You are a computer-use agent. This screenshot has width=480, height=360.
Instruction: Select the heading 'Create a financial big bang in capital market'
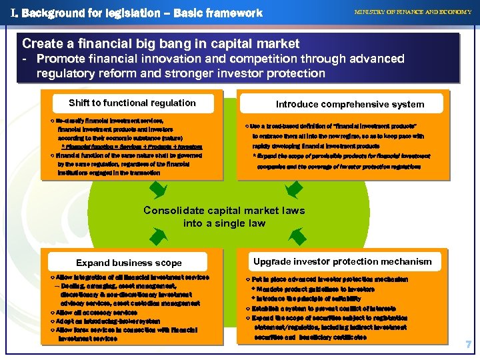[161, 44]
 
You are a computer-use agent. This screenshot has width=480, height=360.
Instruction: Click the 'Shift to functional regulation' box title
[132, 103]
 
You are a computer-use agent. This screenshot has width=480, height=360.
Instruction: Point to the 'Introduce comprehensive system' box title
[350, 104]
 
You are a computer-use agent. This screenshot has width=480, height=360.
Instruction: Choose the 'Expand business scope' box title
[129, 263]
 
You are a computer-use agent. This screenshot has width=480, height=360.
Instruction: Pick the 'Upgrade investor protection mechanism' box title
[343, 261]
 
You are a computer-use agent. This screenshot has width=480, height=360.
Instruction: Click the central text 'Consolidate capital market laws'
[224, 211]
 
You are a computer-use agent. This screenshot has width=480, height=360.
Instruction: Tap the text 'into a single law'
[224, 223]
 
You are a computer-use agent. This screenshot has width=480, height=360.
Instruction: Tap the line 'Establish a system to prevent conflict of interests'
[325, 309]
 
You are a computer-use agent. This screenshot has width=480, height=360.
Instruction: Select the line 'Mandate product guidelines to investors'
[313, 289]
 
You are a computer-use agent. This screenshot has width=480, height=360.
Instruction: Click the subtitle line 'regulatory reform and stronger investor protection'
[181, 73]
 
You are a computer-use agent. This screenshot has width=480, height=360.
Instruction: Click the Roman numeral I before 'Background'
[14, 13]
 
